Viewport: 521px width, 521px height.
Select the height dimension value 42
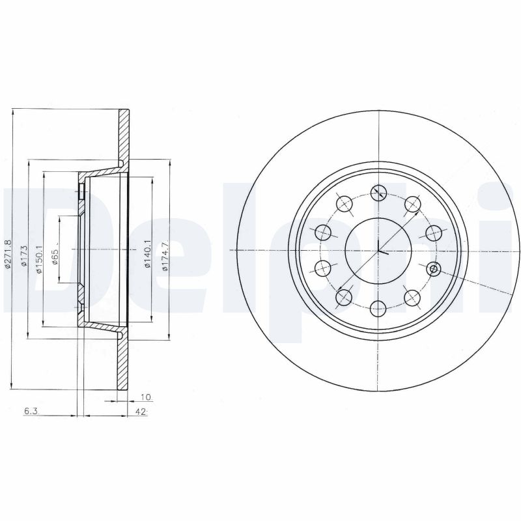(x=140, y=412)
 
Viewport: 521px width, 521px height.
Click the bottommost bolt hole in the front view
(x=378, y=309)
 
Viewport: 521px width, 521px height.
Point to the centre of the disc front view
(x=378, y=250)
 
